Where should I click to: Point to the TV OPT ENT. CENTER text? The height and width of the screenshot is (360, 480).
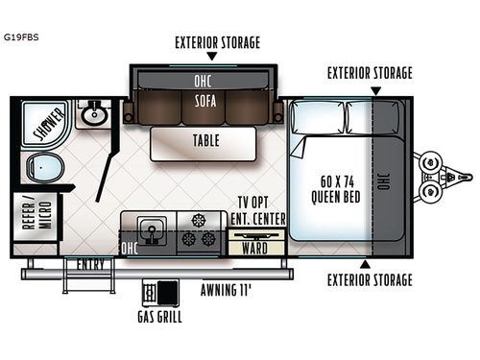pos(257,211)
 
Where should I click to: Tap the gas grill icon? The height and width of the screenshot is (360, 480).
pos(158,291)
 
